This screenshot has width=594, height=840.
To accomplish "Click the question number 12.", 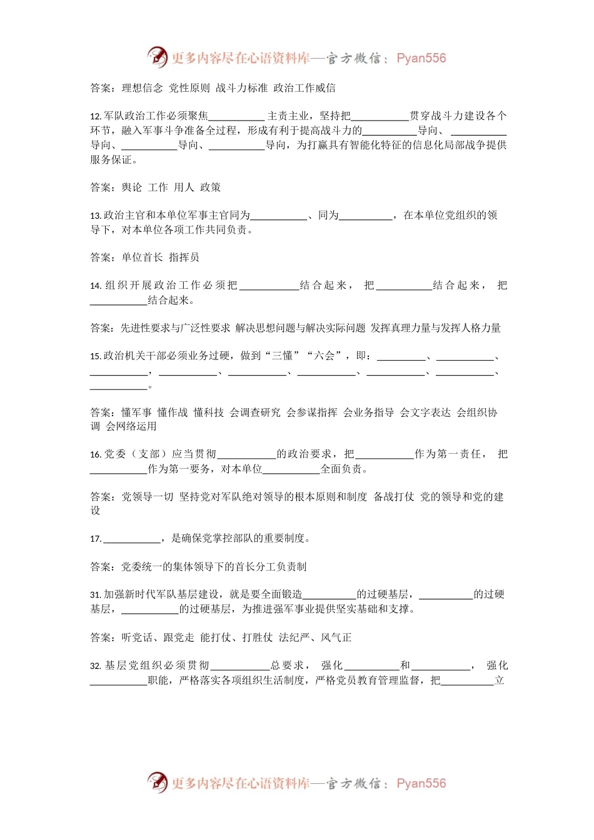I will click(96, 116).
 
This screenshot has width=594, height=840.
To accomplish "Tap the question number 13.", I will click(96, 216).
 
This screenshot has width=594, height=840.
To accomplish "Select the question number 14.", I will click(96, 286).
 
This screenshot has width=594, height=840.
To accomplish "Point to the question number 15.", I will click(96, 356).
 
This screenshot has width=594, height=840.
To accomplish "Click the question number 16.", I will click(96, 454).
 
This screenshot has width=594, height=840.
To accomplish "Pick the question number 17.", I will click(96, 539).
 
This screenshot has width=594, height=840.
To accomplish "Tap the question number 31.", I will click(96, 595).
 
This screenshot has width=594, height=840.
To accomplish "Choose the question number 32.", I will click(96, 666).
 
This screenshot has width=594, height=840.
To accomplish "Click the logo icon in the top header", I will click(158, 57).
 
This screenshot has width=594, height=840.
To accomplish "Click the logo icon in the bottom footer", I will click(158, 782).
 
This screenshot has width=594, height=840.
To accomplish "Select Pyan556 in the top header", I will click(421, 58).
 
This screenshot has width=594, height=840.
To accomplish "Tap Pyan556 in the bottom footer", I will click(421, 783).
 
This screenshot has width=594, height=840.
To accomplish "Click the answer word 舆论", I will click(132, 187).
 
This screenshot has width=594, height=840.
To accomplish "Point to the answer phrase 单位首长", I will click(142, 257).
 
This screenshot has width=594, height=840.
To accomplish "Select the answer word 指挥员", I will click(184, 257).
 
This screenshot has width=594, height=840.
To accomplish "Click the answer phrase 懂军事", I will click(137, 412).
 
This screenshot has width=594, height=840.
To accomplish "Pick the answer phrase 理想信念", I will click(142, 88).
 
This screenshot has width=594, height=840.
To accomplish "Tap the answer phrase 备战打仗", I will click(394, 497).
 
